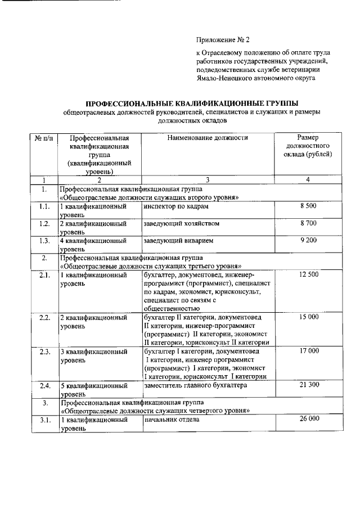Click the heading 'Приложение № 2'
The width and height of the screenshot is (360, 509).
coord(222,40)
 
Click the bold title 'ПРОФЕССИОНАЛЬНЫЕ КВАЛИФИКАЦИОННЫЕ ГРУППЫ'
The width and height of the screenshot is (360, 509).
coord(191,103)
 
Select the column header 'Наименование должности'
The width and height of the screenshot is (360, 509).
coord(207,137)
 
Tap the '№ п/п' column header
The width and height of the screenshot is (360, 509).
coord(43,138)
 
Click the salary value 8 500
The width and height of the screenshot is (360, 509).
coord(308,207)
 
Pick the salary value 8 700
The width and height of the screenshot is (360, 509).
coord(308,224)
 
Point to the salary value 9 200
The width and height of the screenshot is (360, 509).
coord(308,241)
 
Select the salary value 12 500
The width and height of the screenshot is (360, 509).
coord(308,274)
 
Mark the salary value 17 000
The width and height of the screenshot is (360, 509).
coord(308,351)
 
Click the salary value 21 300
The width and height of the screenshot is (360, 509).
coord(308,385)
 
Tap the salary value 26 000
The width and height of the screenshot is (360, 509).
coord(308,419)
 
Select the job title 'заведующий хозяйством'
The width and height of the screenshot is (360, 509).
coord(180,224)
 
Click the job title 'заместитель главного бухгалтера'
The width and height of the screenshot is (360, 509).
coord(195,385)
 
